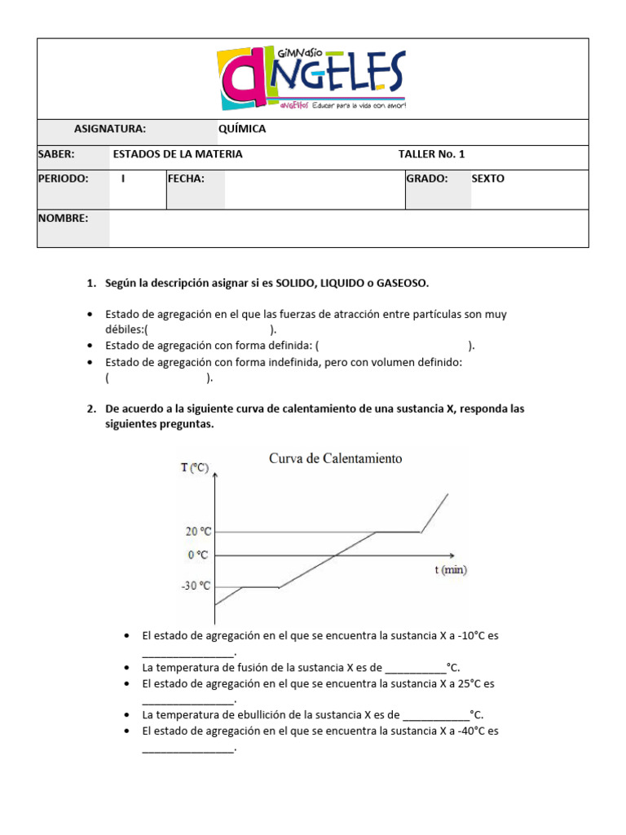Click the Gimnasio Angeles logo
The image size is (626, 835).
[311, 78]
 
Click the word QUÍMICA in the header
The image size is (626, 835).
[242, 129]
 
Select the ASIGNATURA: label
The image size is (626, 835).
[110, 129]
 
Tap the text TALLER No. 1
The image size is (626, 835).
[431, 154]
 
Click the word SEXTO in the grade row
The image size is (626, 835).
[488, 179]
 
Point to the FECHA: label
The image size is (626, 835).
[186, 179]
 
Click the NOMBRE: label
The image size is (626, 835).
[63, 218]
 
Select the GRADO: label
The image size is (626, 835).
[427, 179]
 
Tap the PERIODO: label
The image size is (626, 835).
[63, 179]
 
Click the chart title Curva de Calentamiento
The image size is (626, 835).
[336, 458]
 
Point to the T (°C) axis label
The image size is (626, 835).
[195, 467]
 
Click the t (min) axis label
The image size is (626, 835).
[450, 570]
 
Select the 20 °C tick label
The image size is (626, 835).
[199, 532]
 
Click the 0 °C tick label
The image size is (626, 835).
[198, 554]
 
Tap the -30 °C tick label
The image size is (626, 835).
[196, 585]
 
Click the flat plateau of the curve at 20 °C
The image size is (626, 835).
[397, 532]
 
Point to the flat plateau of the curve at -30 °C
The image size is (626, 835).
[260, 585]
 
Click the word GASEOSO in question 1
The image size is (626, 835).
[400, 283]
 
